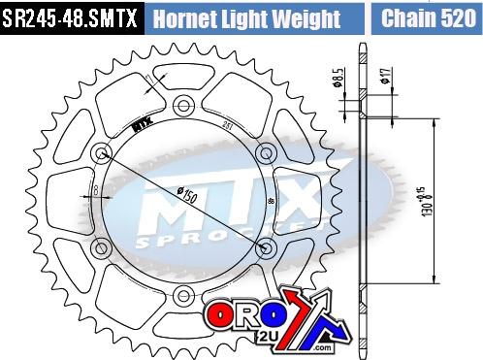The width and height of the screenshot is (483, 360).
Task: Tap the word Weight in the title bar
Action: [x=306, y=18]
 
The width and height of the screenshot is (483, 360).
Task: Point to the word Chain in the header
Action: [x=407, y=17]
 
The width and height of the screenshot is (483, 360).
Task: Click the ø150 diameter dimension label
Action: [x=183, y=194]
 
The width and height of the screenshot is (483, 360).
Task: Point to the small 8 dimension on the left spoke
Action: [x=94, y=184]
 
